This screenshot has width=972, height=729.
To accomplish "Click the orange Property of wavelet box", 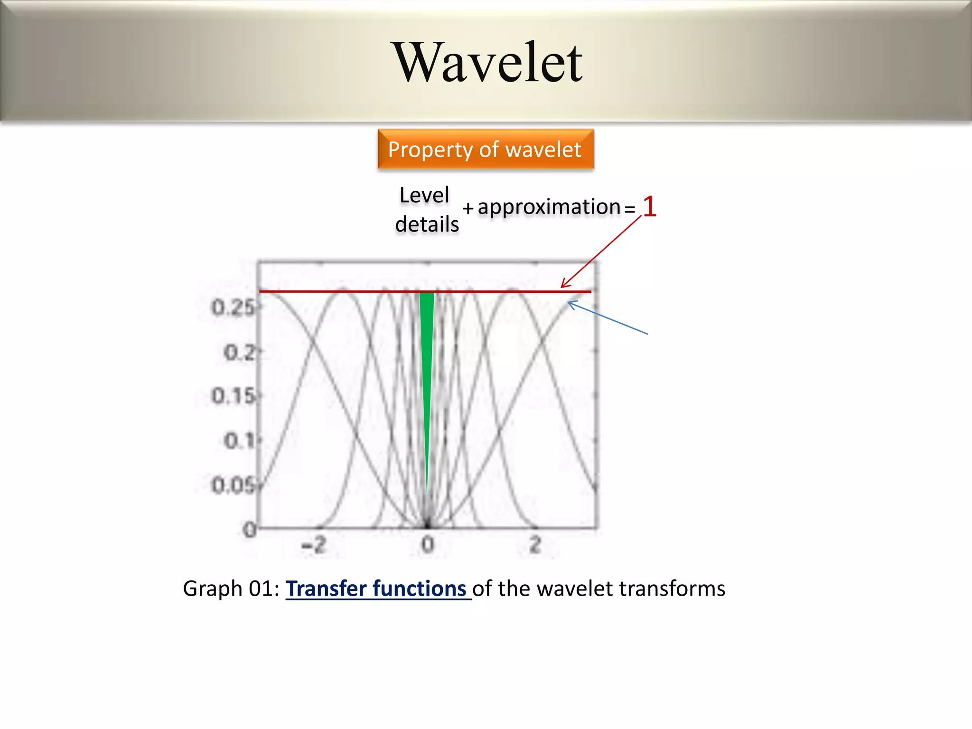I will click(x=485, y=150).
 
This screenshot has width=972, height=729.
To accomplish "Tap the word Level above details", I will click(x=424, y=195).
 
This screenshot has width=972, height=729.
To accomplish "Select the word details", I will click(x=427, y=224).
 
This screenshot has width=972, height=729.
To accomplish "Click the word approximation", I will click(x=549, y=207).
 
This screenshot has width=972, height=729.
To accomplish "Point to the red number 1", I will click(x=649, y=207).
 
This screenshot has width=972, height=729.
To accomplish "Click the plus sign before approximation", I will click(x=468, y=208).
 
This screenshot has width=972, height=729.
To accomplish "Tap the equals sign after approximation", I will click(x=629, y=208).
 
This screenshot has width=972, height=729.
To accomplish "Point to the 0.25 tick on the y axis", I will click(x=233, y=308).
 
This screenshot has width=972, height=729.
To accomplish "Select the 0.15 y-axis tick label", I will click(x=233, y=396).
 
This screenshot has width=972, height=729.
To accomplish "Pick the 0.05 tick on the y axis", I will click(x=233, y=486).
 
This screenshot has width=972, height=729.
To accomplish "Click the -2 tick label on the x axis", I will click(x=314, y=544).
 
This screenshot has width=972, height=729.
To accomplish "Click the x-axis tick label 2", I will click(x=535, y=544).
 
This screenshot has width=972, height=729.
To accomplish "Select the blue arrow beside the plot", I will click(x=607, y=318).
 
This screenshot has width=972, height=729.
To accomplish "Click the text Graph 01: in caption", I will click(x=231, y=589).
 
